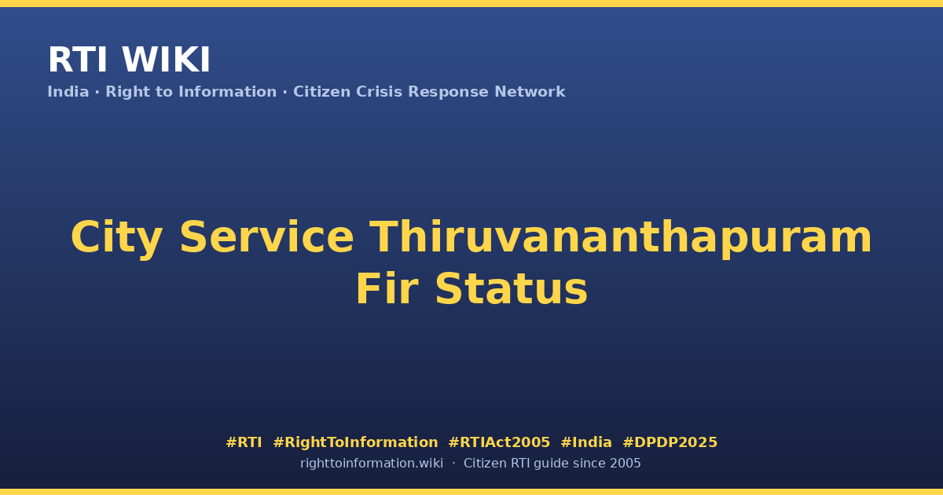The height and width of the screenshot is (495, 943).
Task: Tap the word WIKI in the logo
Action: click(x=166, y=60)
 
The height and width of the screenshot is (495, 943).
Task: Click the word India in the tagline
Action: click(x=68, y=92)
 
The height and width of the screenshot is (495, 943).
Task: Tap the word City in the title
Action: click(x=116, y=238)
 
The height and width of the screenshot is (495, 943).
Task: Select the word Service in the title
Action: click(x=266, y=237)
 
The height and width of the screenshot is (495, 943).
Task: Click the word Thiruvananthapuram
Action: click(x=621, y=238)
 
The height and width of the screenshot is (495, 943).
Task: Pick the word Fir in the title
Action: click(x=387, y=289)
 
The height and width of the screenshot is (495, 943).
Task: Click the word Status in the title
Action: click(x=511, y=289)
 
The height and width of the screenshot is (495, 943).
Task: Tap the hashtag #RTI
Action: click(x=244, y=442)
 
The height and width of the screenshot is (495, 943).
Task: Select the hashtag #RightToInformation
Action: click(x=355, y=442)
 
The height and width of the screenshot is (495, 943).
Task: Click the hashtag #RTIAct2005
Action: click(x=499, y=442)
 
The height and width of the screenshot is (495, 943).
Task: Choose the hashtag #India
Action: click(x=586, y=442)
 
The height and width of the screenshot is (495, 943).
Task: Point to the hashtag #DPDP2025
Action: click(x=670, y=442)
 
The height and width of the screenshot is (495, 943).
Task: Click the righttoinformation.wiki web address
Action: click(x=372, y=464)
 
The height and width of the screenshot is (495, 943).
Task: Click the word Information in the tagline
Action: click(x=228, y=92)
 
